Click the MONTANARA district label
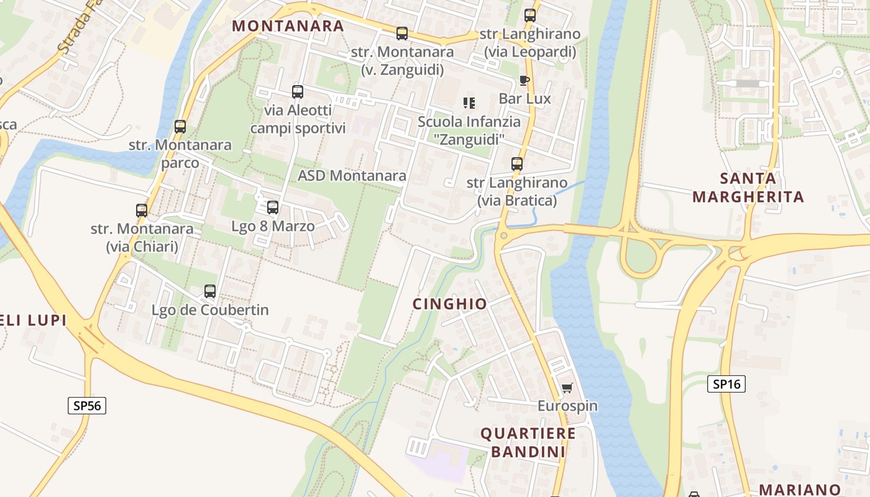[288, 25]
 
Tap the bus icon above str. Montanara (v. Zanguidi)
[402, 34]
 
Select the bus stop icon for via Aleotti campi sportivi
[298, 92]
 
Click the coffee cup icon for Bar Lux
[524, 80]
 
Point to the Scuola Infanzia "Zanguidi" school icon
[469, 103]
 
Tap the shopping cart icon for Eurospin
[567, 388]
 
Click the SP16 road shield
[726, 384]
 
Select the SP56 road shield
[87, 406]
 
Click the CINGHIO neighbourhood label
[450, 304]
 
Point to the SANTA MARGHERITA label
[748, 188]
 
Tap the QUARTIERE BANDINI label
[528, 442]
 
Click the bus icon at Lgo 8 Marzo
[273, 207]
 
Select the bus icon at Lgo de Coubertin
[210, 291]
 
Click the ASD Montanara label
[352, 176]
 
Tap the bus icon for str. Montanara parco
[180, 127]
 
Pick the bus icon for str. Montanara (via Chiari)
[142, 211]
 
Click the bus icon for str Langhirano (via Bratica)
[517, 164]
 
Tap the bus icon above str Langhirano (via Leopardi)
[530, 16]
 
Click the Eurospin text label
[567, 406]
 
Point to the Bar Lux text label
[524, 99]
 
